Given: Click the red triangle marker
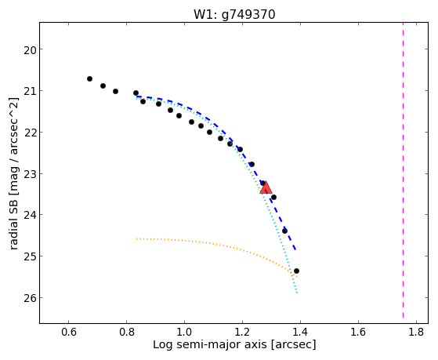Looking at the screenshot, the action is [x=266, y=187].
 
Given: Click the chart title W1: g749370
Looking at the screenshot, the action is [x=234, y=15].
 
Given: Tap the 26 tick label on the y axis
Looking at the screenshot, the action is [x=31, y=297].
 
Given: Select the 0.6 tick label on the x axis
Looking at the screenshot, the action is [x=68, y=332].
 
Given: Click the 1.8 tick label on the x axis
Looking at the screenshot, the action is [x=417, y=332].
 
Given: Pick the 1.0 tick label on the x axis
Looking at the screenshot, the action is [x=184, y=332].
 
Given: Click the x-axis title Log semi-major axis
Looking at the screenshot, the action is [x=209, y=344].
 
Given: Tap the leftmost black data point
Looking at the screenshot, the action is [x=89, y=79].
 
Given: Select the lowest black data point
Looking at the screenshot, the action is [x=297, y=271].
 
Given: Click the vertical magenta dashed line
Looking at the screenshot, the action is [x=403, y=170].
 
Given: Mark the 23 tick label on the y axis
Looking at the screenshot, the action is [x=31, y=173].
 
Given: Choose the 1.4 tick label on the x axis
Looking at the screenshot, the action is [x=300, y=332].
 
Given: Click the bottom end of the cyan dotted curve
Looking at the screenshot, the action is [x=297, y=293].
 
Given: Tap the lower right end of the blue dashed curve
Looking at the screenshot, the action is [x=295, y=249].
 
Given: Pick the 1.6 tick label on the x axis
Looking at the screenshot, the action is [x=358, y=332].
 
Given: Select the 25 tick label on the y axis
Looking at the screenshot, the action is [x=31, y=256].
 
